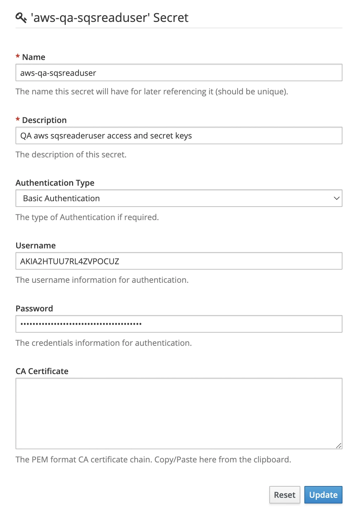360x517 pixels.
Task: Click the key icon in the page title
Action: coord(21,18)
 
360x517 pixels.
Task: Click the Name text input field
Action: coord(179,73)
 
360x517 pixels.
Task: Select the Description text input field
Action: coord(179,135)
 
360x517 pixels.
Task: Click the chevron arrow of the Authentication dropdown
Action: coord(336,198)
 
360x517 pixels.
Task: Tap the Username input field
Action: coord(179,261)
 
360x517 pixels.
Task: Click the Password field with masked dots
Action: coord(179,324)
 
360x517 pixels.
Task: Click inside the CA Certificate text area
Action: coord(179,413)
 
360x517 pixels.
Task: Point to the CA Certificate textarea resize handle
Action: coord(339,446)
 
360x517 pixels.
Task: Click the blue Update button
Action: coord(323,495)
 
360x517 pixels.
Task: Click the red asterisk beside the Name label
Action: coord(18,57)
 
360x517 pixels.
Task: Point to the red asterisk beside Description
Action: coord(18,120)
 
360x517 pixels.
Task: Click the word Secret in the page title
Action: coord(171,18)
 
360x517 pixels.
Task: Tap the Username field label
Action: coord(36,245)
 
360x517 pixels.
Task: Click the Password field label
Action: coord(34,308)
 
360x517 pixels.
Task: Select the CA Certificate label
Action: coord(42,371)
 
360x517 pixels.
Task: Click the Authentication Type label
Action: coord(55,183)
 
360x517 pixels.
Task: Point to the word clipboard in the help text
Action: coord(272,459)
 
